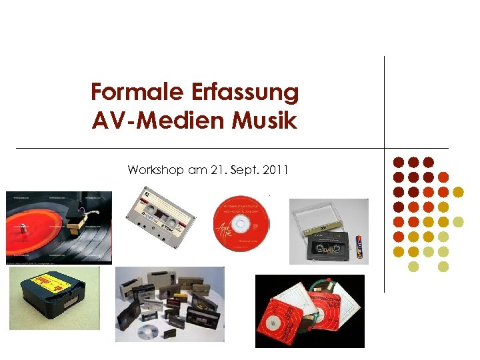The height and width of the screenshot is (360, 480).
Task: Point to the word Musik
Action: (265, 122)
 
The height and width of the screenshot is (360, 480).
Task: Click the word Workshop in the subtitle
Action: (155, 171)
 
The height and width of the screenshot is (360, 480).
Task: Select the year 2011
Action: (275, 171)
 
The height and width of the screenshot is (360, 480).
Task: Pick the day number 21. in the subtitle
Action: (219, 171)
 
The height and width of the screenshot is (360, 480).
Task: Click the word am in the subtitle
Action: (197, 171)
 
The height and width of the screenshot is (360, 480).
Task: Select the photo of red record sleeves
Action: (309, 311)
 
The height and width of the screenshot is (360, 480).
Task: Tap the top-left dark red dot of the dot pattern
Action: (398, 162)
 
